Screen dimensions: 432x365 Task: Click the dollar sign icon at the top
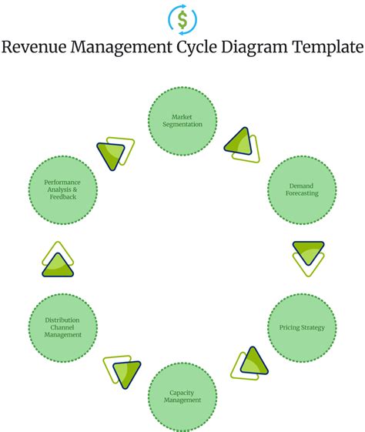(182, 18)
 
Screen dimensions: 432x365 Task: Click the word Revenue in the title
(35, 48)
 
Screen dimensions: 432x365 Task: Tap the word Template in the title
(327, 48)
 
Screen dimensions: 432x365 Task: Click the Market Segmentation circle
(182, 121)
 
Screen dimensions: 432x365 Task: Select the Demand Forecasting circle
(302, 190)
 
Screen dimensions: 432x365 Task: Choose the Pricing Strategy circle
(302, 327)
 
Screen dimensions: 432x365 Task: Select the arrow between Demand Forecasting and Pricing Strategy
(308, 256)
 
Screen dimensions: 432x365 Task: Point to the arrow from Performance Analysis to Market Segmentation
(116, 152)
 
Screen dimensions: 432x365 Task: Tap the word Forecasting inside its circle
(302, 194)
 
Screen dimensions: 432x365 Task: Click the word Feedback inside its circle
(63, 197)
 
